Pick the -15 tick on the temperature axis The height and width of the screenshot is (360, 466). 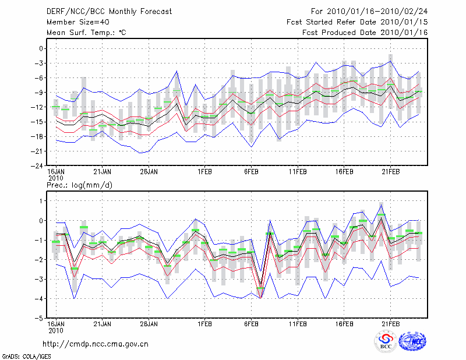pos(38,122)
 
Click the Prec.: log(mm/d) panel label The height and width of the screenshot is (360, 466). pos(80,185)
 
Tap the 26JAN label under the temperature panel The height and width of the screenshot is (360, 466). pos(149,172)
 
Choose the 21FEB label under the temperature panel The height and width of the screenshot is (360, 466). pos(391,172)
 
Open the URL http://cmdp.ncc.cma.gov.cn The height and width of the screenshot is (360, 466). pos(96,344)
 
